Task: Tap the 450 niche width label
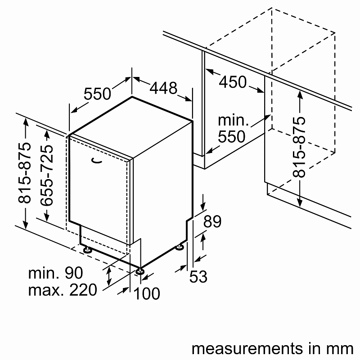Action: (x=233, y=82)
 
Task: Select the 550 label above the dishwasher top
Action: (x=97, y=94)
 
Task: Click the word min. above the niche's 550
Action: (x=233, y=120)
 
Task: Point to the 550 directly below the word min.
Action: (x=232, y=136)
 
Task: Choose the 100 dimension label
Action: (x=147, y=294)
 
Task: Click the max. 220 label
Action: (x=63, y=290)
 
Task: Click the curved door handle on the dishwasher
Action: (x=96, y=159)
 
